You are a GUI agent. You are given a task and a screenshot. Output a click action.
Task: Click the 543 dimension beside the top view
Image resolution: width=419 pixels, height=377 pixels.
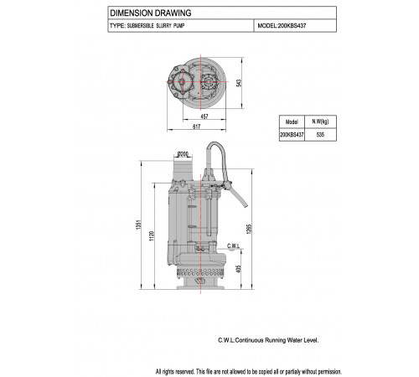(x=239, y=83)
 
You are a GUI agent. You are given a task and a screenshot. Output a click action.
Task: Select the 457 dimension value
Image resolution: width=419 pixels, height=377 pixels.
(x=204, y=116)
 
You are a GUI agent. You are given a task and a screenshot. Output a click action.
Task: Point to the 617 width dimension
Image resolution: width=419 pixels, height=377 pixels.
(x=197, y=127)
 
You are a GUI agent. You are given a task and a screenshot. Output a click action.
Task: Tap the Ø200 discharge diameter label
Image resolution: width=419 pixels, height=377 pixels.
(x=183, y=154)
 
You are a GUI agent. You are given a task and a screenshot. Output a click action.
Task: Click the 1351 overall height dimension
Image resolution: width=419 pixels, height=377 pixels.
(x=139, y=225)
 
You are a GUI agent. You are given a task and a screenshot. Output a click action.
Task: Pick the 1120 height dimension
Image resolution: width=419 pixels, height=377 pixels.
(x=152, y=236)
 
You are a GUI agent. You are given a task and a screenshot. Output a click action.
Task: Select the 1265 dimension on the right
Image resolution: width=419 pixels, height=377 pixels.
(x=250, y=229)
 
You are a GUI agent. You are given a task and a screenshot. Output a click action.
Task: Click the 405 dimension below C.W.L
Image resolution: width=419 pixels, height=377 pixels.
(x=238, y=269)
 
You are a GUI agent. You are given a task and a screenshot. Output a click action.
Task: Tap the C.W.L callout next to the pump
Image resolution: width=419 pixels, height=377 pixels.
(x=233, y=245)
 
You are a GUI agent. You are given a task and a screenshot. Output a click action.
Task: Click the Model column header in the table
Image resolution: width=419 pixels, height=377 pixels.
(x=292, y=121)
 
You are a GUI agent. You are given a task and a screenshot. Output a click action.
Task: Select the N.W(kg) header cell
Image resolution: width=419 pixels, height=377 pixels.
(x=320, y=121)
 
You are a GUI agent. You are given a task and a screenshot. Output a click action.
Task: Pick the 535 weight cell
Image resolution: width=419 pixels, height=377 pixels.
(x=320, y=135)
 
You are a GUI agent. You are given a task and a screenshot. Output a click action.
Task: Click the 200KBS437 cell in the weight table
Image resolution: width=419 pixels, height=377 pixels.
(x=292, y=135)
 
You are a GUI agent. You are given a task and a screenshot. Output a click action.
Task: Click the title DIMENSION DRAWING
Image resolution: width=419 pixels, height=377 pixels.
(x=151, y=13)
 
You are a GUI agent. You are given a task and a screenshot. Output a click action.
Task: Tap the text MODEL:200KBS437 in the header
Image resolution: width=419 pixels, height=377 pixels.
(x=282, y=26)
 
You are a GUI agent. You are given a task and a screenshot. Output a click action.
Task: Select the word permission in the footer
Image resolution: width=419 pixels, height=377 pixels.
(x=329, y=372)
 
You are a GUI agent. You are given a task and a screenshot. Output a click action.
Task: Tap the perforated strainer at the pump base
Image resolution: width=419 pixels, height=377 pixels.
(x=200, y=271)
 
